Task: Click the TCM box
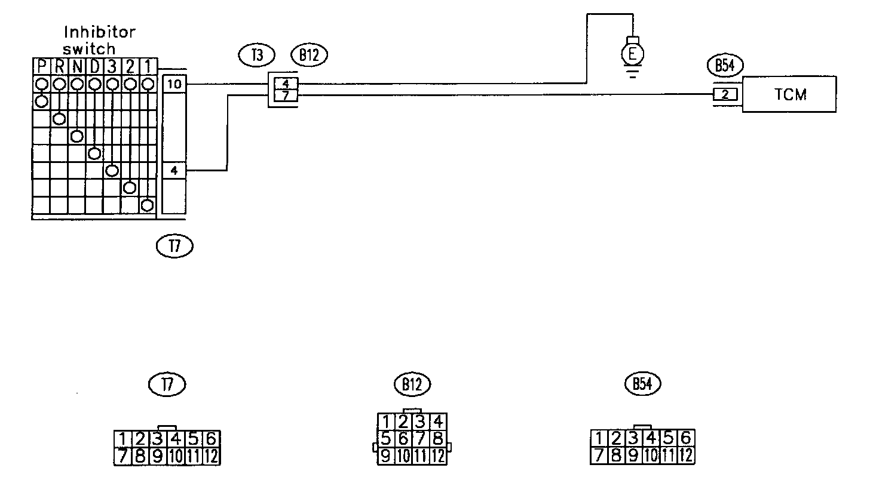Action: pyautogui.click(x=789, y=94)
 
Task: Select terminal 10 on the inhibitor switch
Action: pyautogui.click(x=174, y=85)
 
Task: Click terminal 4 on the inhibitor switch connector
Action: pyautogui.click(x=174, y=171)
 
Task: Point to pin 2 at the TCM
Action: pyautogui.click(x=725, y=94)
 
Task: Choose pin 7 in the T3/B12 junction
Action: pyautogui.click(x=286, y=96)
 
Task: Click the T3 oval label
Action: pyautogui.click(x=256, y=56)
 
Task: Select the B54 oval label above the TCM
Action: pyautogui.click(x=724, y=66)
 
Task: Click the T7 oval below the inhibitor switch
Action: pyautogui.click(x=174, y=245)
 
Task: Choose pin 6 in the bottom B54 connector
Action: pyautogui.click(x=685, y=438)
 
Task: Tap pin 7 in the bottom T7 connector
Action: pyautogui.click(x=122, y=457)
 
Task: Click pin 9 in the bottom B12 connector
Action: pyautogui.click(x=386, y=457)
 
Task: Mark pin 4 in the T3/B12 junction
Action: pyautogui.click(x=286, y=84)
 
